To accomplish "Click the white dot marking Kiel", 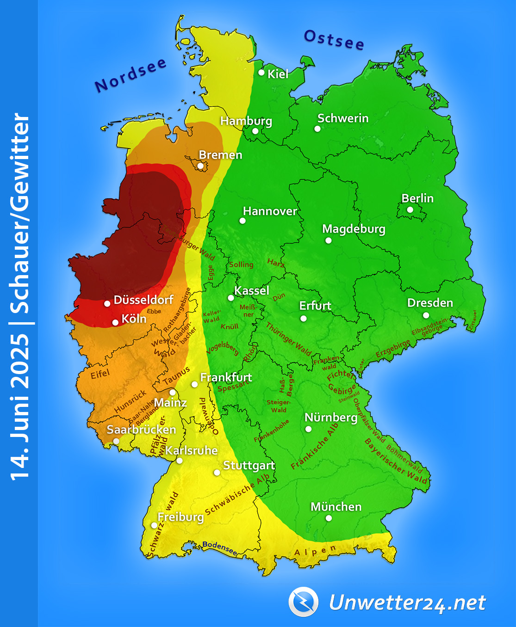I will [261, 72].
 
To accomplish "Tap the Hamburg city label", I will [246, 121].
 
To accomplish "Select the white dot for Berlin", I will [410, 209].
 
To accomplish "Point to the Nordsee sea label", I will [130, 75].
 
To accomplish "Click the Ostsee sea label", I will [334, 40].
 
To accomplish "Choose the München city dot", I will [329, 518].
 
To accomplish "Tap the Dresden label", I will [430, 303].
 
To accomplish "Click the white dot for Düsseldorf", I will [107, 304].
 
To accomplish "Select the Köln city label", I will [134, 319].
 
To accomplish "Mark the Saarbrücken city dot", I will [116, 441].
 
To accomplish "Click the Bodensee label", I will [220, 548].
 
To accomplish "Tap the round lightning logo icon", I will [303, 602].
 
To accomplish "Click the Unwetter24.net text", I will [407, 602].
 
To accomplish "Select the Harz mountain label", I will [276, 263].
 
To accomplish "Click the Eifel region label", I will [100, 374].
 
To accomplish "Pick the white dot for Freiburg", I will [154, 525].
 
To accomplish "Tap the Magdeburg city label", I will [354, 229].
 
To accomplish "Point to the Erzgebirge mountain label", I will [392, 349].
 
